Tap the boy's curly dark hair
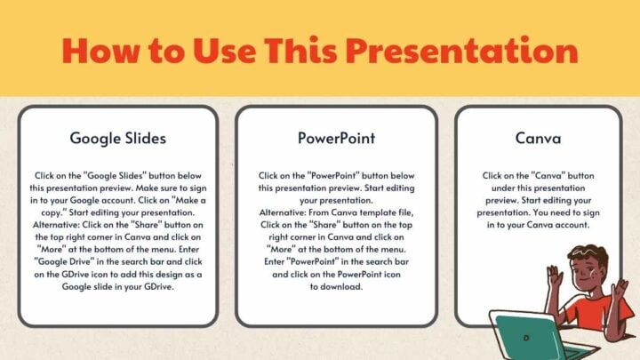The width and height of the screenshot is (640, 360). coord(582,258)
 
